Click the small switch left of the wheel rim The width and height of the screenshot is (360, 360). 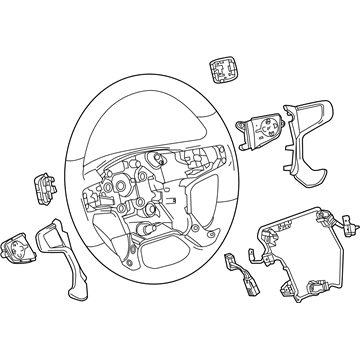(49, 189)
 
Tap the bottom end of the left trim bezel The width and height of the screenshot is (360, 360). (96, 299)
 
